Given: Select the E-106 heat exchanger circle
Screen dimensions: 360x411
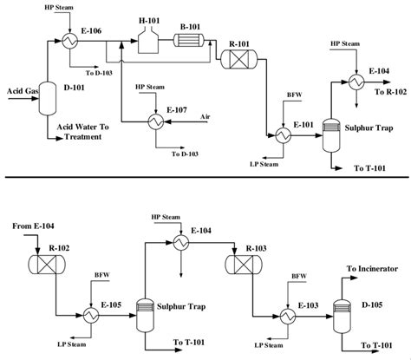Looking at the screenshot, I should pos(68,39).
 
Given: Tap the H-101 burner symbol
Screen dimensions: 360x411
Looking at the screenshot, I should pos(147,38).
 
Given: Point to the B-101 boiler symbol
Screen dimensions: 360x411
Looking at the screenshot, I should pos(186,39).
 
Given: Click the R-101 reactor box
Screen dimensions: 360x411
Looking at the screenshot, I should pos(234,59).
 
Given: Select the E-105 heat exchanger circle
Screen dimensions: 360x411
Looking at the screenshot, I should pos(89,311).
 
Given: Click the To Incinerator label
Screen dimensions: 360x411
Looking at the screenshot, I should pos(372,269).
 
